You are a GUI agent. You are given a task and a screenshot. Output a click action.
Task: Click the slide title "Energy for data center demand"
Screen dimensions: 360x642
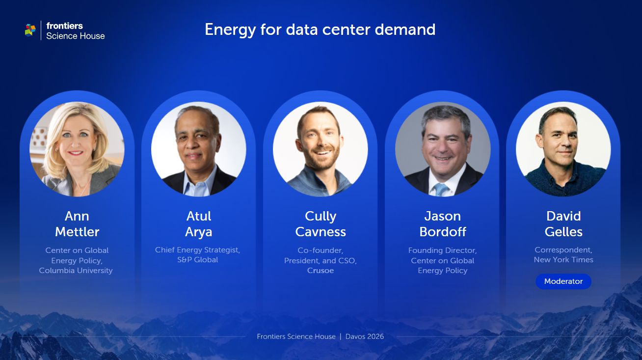(320, 29)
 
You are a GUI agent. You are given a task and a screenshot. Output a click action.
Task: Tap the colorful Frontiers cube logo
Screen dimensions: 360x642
(30, 30)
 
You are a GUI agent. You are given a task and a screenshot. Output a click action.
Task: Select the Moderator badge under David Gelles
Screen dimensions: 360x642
(563, 281)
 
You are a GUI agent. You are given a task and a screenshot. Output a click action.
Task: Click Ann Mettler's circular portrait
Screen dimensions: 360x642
(77, 149)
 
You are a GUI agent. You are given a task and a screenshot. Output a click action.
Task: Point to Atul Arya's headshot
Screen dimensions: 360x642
(199, 149)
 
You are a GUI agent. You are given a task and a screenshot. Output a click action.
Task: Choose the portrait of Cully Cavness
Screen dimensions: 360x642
(321, 149)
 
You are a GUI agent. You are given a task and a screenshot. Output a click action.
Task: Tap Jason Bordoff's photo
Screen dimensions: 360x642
(442, 149)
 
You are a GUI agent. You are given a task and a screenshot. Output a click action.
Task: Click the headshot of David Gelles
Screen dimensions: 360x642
(563, 149)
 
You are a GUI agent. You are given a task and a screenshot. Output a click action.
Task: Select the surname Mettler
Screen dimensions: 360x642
(77, 232)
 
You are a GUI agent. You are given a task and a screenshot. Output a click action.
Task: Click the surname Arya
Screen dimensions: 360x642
(199, 232)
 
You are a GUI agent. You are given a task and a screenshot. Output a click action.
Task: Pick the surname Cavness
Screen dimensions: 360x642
(321, 232)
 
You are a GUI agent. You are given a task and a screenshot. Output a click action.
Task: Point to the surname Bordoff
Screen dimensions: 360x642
(443, 232)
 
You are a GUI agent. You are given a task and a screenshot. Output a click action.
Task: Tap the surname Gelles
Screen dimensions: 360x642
(563, 232)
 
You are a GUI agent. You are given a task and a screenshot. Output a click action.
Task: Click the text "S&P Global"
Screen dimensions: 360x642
(198, 260)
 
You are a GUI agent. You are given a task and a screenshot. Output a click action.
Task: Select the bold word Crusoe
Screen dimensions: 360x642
(321, 271)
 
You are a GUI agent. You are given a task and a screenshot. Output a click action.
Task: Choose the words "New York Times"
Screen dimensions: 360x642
(563, 260)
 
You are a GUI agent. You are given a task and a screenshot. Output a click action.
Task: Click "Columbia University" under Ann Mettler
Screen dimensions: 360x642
(76, 271)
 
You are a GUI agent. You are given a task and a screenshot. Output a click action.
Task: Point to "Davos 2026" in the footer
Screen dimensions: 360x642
(365, 336)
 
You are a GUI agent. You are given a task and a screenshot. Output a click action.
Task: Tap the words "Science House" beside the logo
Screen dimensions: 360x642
(76, 36)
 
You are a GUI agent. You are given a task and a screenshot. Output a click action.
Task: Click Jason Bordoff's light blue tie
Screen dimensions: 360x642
(441, 189)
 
